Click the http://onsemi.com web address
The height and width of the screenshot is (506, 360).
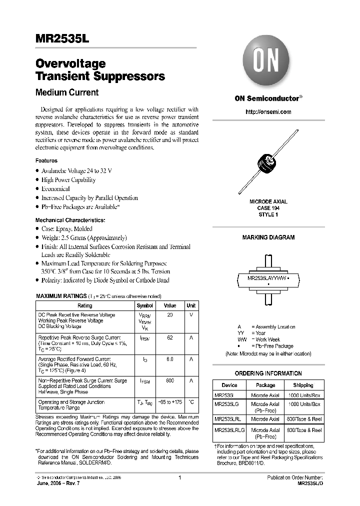(268, 112)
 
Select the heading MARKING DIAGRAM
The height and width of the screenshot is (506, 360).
(268, 237)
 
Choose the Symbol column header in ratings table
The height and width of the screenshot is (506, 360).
(145, 305)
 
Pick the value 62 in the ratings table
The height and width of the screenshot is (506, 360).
(170, 337)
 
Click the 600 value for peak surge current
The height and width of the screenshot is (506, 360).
(170, 380)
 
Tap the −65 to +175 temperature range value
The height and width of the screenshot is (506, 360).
(170, 402)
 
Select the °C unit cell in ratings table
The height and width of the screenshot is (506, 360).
(191, 402)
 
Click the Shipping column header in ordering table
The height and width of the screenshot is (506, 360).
(303, 385)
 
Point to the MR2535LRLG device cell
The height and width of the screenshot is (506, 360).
(229, 430)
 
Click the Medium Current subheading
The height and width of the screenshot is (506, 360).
(67, 92)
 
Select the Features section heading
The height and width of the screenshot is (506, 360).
(46, 161)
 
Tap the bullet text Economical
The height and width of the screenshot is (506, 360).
(55, 188)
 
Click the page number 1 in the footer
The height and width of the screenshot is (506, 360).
(179, 477)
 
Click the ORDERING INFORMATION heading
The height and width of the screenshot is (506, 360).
(268, 373)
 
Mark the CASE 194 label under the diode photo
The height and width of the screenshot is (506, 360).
(268, 207)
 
